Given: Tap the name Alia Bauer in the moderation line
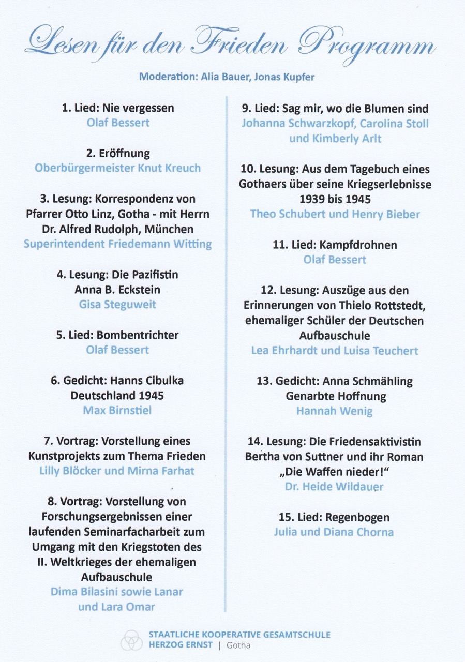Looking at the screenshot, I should pyautogui.click(x=214, y=77).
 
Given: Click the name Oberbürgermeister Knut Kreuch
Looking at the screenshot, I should pyautogui.click(x=117, y=168).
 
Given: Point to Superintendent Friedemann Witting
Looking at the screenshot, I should pyautogui.click(x=117, y=244).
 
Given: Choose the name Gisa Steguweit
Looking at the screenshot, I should pyautogui.click(x=117, y=304).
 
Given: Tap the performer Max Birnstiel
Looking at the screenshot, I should pyautogui.click(x=117, y=410).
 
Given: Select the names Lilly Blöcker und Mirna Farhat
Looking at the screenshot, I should pyautogui.click(x=117, y=471).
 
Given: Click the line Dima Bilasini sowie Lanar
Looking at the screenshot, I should pyautogui.click(x=117, y=591).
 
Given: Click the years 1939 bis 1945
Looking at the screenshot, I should pyautogui.click(x=335, y=199).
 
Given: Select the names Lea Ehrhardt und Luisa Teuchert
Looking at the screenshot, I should pyautogui.click(x=335, y=350).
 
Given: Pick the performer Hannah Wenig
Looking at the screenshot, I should pyautogui.click(x=335, y=411).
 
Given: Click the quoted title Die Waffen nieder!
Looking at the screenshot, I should pyautogui.click(x=335, y=472).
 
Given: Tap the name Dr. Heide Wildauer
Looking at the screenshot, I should pyautogui.click(x=334, y=487).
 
